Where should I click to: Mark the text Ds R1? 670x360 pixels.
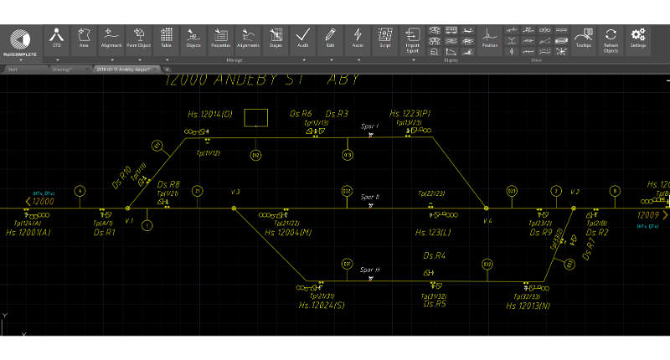105,232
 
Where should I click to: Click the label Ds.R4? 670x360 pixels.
434,255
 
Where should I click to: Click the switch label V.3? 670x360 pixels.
235,193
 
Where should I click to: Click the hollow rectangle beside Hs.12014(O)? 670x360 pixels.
256,117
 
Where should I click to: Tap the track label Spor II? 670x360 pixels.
370,198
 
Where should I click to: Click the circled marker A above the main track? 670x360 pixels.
80,191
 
